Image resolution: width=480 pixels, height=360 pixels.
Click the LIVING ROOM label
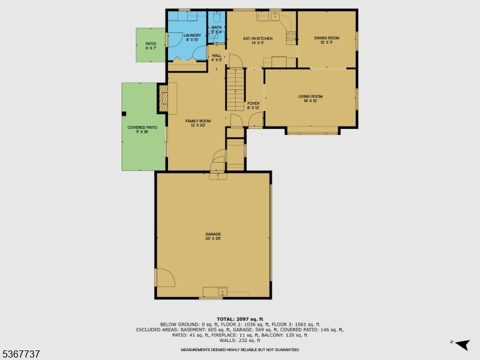click(310, 98)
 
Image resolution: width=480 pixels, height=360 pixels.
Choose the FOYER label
click(253, 106)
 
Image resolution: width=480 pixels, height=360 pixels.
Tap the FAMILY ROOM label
click(197, 123)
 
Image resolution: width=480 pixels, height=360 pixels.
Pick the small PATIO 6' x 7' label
click(151, 46)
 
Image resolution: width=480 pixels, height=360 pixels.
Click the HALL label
click(217, 58)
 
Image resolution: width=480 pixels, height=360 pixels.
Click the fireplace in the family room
click(163, 98)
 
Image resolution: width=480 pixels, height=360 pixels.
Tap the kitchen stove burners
click(291, 38)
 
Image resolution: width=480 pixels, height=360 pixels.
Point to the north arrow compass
click(460, 344)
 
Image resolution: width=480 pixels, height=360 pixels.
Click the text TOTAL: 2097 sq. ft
click(240, 319)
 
